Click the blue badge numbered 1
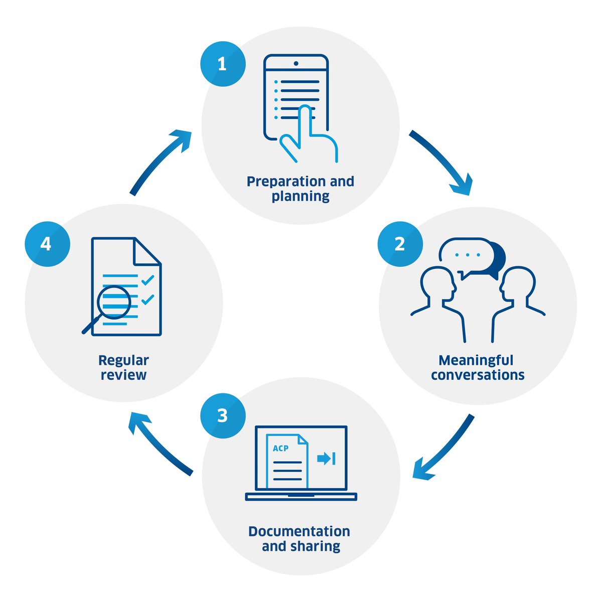point(223,64)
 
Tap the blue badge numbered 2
point(400,244)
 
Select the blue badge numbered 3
point(223,416)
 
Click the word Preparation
point(278,182)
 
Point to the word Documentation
point(299,531)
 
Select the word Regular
point(123,360)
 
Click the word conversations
point(478,375)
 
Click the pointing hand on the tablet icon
point(307,135)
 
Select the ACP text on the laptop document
point(280,448)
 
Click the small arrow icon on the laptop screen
point(326,459)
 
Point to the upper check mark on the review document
point(147,280)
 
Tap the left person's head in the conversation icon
point(437,283)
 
